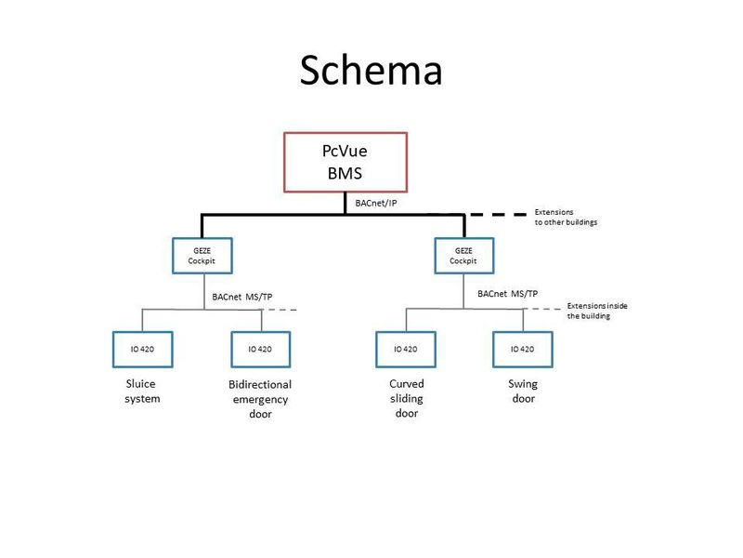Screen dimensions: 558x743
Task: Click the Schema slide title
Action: click(371, 71)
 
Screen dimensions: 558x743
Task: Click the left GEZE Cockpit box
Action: click(202, 256)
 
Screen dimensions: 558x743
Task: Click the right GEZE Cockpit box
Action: click(463, 256)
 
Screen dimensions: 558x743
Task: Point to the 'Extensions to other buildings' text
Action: click(566, 218)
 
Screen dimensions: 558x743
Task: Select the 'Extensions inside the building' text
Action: click(602, 311)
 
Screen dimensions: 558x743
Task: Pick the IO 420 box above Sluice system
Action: click(143, 349)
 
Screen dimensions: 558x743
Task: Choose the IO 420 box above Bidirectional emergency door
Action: click(261, 349)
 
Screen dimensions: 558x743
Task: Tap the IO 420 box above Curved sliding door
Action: click(406, 349)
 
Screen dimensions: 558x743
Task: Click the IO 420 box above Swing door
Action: click(523, 349)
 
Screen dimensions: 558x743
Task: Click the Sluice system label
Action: click(143, 391)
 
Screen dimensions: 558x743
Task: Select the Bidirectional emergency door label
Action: click(260, 399)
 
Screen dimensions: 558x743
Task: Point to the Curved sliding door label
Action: click(406, 398)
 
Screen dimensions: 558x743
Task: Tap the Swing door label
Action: click(523, 391)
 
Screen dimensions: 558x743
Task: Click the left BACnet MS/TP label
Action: click(243, 297)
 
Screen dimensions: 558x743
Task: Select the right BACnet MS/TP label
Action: click(507, 293)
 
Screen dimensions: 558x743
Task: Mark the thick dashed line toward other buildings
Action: click(497, 215)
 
